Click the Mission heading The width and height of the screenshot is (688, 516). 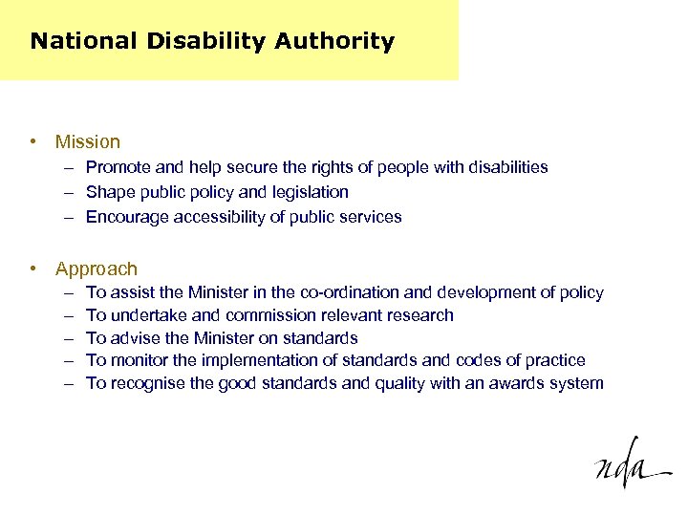click(88, 142)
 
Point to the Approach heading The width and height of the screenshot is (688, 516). click(97, 269)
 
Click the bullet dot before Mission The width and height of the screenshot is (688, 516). click(33, 142)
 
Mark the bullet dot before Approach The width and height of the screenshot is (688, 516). click(33, 269)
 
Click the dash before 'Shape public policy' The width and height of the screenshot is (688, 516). click(71, 192)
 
